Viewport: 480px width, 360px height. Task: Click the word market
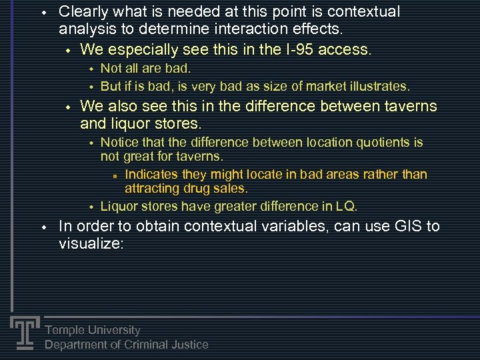pos(327,86)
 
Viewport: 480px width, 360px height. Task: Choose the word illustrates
pos(381,86)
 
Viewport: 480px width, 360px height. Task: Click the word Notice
pos(119,142)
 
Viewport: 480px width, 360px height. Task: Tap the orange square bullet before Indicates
pos(115,175)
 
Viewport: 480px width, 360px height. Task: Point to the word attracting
pos(151,189)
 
